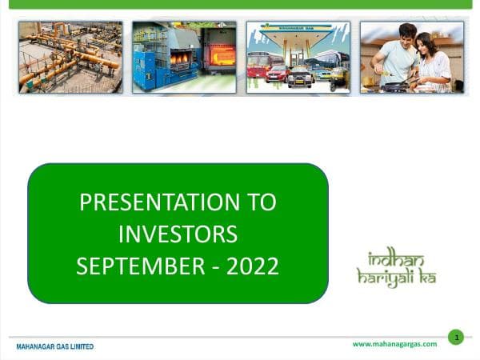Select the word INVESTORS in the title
pyautogui.click(x=178, y=234)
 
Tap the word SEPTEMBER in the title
pyautogui.click(x=141, y=266)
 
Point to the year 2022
pyautogui.click(x=252, y=266)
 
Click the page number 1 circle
pyautogui.click(x=455, y=337)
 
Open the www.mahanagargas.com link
pyautogui.click(x=394, y=344)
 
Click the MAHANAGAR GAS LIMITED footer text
pyautogui.click(x=55, y=346)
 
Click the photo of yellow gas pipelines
pyautogui.click(x=70, y=57)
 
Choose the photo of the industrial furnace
pyautogui.click(x=184, y=57)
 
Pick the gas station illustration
pyautogui.click(x=298, y=57)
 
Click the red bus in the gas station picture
pyautogui.click(x=258, y=66)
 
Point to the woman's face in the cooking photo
pyautogui.click(x=425, y=43)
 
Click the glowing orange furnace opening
pyautogui.click(x=222, y=54)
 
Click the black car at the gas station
pyautogui.click(x=299, y=78)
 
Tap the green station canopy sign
pyautogui.click(x=298, y=30)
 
